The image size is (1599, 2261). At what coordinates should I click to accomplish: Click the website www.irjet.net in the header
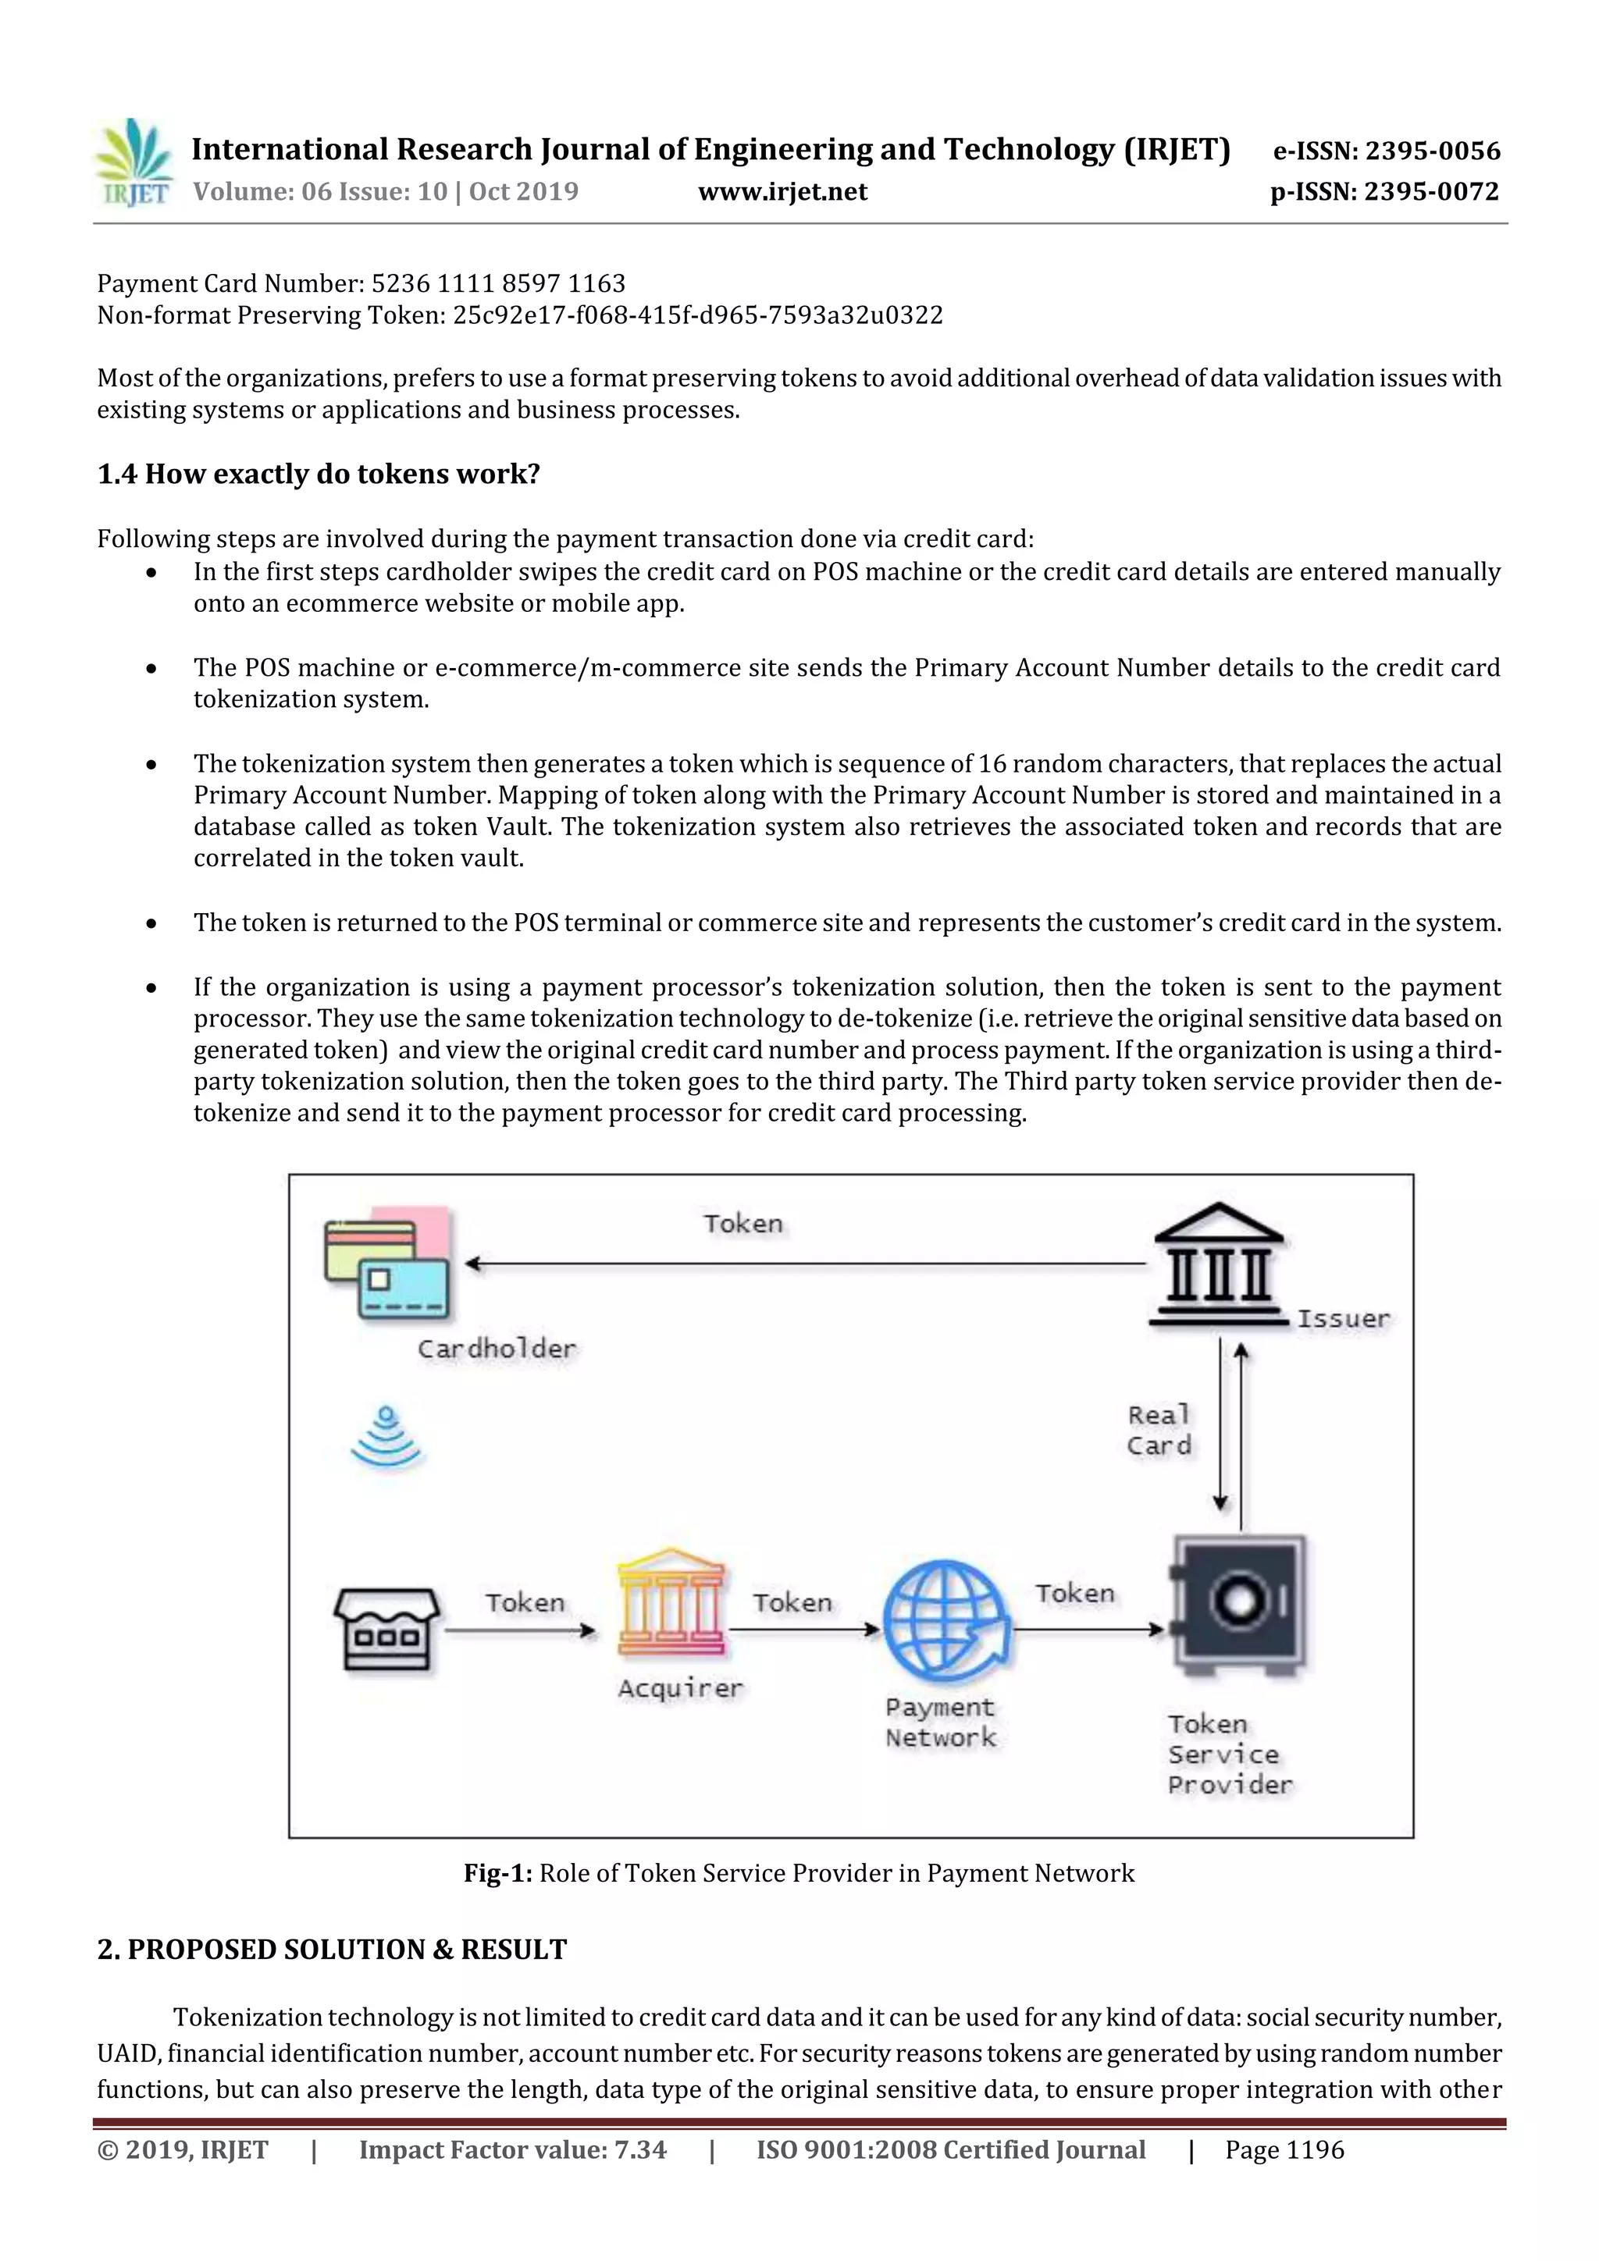[x=782, y=192]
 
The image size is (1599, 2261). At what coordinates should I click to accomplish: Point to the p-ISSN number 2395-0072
[x=1431, y=192]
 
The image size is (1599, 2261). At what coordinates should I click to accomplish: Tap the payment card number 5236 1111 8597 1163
[x=497, y=283]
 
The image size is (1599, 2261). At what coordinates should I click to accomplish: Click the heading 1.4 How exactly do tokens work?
[x=319, y=474]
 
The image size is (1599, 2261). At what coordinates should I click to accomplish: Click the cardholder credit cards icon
[x=387, y=1264]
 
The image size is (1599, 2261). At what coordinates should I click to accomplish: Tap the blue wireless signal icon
[x=386, y=1438]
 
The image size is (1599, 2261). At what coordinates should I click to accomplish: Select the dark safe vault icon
[x=1238, y=1606]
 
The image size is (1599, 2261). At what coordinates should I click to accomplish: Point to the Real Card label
[x=1159, y=1430]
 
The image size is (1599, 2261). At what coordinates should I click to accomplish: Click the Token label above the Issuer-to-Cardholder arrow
[x=743, y=1224]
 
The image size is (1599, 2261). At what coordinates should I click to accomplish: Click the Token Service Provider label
[x=1227, y=1754]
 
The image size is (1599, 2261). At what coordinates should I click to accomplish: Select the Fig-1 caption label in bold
[x=497, y=1873]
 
